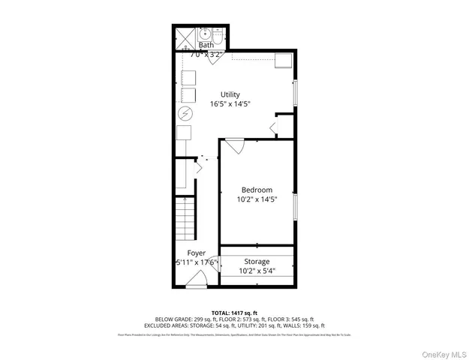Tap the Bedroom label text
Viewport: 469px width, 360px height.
(x=257, y=190)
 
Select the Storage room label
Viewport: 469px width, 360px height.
(x=256, y=261)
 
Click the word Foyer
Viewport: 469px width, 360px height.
(x=185, y=253)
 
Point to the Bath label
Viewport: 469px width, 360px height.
(x=206, y=45)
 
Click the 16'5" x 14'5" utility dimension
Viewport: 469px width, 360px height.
(x=230, y=104)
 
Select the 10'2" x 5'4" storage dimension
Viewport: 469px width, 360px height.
(x=257, y=271)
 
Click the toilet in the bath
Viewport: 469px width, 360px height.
(x=218, y=34)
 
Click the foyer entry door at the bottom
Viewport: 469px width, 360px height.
(x=197, y=280)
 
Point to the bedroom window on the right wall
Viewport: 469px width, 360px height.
(x=296, y=207)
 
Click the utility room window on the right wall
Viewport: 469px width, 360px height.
(x=295, y=91)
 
